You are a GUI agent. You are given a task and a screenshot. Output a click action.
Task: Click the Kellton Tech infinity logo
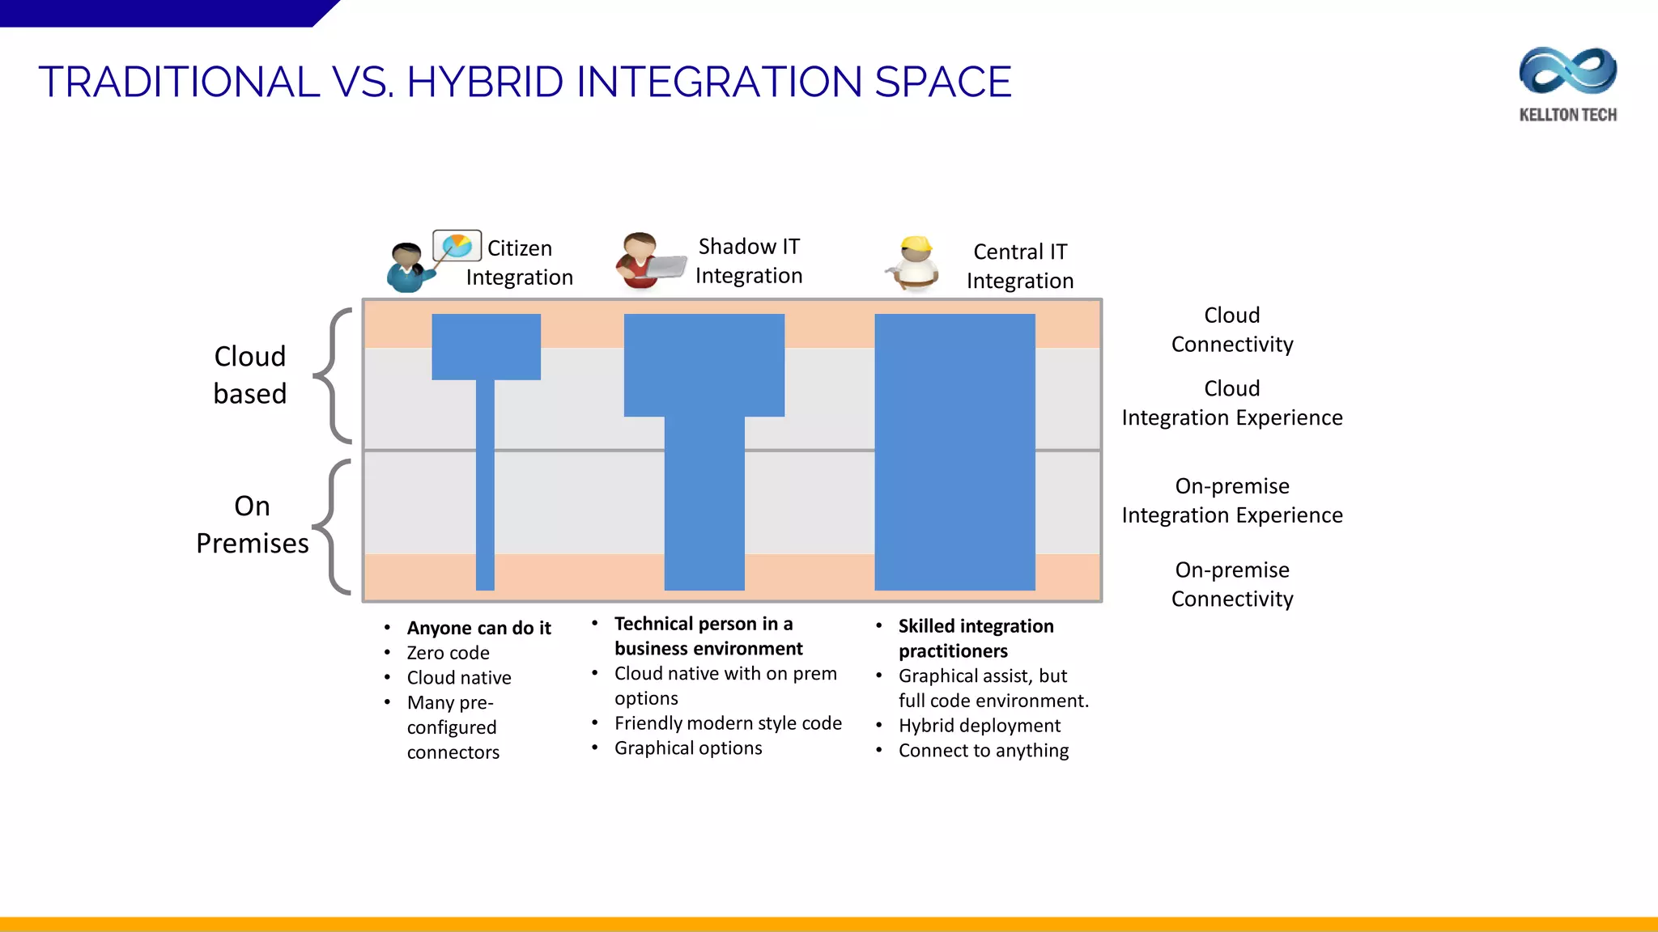click(1567, 71)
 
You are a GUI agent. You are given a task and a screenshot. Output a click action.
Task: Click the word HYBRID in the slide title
click(485, 82)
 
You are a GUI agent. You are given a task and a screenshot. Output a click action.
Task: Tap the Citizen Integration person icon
click(407, 268)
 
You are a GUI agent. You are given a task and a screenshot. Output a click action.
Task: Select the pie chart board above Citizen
click(457, 245)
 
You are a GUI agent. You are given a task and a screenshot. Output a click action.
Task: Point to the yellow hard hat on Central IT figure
click(916, 244)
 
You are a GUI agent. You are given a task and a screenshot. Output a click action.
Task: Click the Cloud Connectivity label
click(1231, 329)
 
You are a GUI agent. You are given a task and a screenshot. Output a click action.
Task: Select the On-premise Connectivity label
click(1231, 584)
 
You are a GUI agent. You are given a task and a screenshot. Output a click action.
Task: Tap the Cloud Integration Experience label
click(1231, 403)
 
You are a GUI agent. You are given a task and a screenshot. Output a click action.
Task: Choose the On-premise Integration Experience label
click(1231, 500)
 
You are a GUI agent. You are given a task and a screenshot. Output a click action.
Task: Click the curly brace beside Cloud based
click(333, 375)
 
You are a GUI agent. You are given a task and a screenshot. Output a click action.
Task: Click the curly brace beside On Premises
click(333, 526)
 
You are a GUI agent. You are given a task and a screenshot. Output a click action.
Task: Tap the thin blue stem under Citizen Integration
click(485, 485)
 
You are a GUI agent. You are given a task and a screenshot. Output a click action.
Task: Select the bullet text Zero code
click(448, 653)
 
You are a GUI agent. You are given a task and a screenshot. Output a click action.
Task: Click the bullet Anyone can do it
click(478, 628)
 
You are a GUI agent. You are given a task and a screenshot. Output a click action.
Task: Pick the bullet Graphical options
click(687, 748)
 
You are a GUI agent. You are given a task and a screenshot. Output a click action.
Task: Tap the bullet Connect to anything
click(983, 751)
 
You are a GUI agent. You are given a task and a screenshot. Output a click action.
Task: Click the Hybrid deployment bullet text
click(979, 726)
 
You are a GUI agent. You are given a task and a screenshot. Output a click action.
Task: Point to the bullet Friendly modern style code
click(727, 723)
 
